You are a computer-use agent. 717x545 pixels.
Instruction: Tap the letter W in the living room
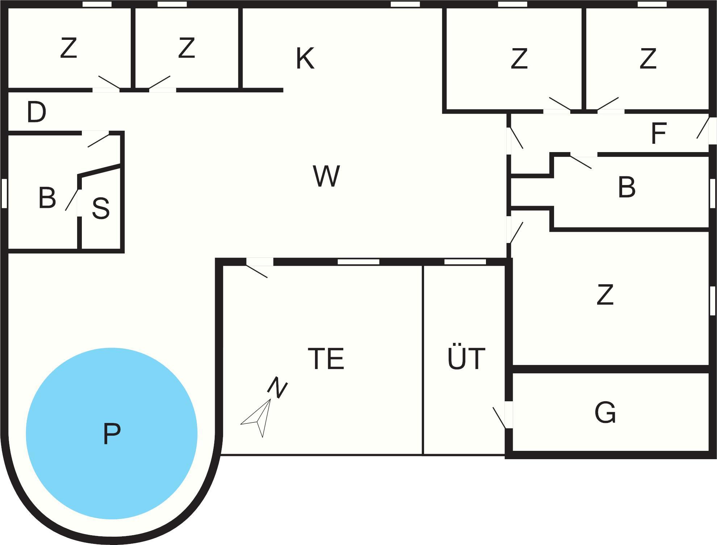coord(326,176)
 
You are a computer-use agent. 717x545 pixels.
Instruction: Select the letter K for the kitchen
coord(305,58)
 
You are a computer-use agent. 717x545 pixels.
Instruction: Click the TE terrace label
coord(326,359)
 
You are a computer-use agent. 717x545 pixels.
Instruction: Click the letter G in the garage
coord(605,412)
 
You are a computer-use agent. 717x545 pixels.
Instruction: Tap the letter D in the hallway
coord(37,112)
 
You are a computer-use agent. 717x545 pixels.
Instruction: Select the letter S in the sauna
coord(101,208)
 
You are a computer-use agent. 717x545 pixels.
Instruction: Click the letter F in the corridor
coord(658,134)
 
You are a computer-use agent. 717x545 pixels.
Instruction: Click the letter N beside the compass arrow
coord(278,387)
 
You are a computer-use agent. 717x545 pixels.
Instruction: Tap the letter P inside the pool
coord(112,433)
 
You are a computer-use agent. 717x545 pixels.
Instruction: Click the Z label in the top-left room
coord(69,48)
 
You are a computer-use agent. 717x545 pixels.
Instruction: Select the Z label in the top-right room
coord(648,58)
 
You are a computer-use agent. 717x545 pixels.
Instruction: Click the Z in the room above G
coord(605,295)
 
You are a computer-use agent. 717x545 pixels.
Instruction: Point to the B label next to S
coord(47,198)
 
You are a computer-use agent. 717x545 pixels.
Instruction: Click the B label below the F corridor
coord(627,187)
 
